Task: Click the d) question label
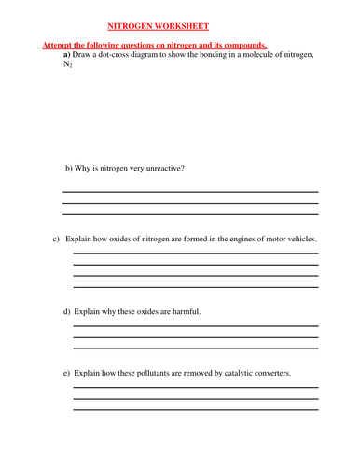click(x=67, y=310)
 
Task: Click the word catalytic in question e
click(x=230, y=374)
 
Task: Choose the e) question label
click(x=67, y=374)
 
